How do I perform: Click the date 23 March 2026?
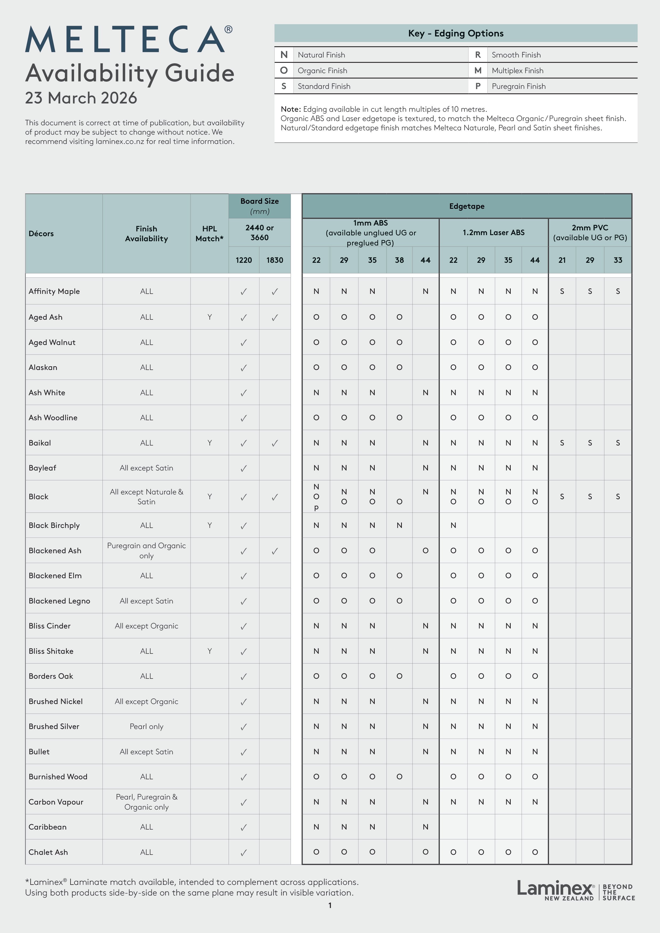click(x=81, y=98)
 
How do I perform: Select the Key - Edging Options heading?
click(x=455, y=33)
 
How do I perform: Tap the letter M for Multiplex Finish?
click(x=478, y=70)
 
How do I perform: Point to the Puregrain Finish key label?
click(x=518, y=86)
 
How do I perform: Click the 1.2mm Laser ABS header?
click(x=493, y=232)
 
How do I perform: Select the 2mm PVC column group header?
click(x=590, y=232)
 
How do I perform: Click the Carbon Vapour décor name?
click(x=56, y=802)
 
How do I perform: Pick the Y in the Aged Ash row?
click(x=209, y=317)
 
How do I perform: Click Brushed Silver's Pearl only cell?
click(x=146, y=727)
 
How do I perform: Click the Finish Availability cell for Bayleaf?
click(x=146, y=468)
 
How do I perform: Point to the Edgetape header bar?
click(x=467, y=206)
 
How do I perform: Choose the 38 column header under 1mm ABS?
click(x=399, y=260)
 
